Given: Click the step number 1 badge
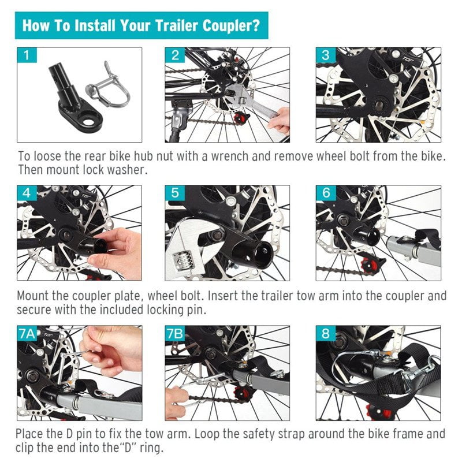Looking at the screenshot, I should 26,55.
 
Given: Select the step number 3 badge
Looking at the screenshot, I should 325,55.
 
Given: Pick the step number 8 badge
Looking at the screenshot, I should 325,334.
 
